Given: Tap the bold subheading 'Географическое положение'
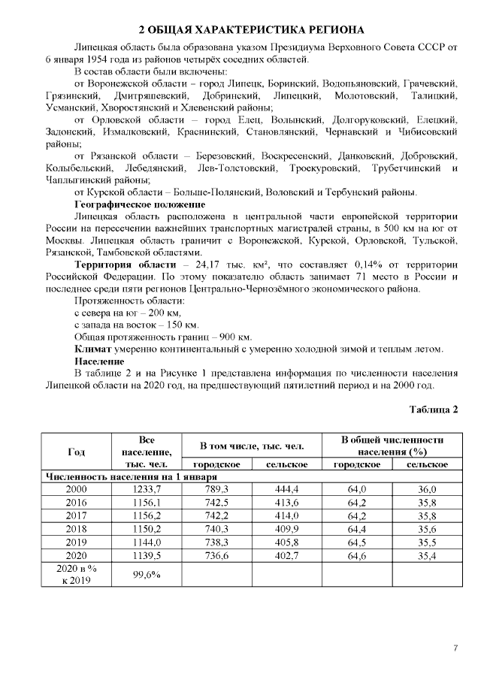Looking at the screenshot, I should point(140,204).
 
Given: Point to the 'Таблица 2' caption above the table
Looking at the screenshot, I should point(433,409).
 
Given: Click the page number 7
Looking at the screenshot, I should point(455,648).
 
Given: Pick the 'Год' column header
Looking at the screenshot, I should point(76,452).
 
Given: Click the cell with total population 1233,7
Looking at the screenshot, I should point(147,489).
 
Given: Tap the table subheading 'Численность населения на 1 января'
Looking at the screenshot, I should point(132,476).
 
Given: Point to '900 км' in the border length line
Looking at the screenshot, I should point(237,337).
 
